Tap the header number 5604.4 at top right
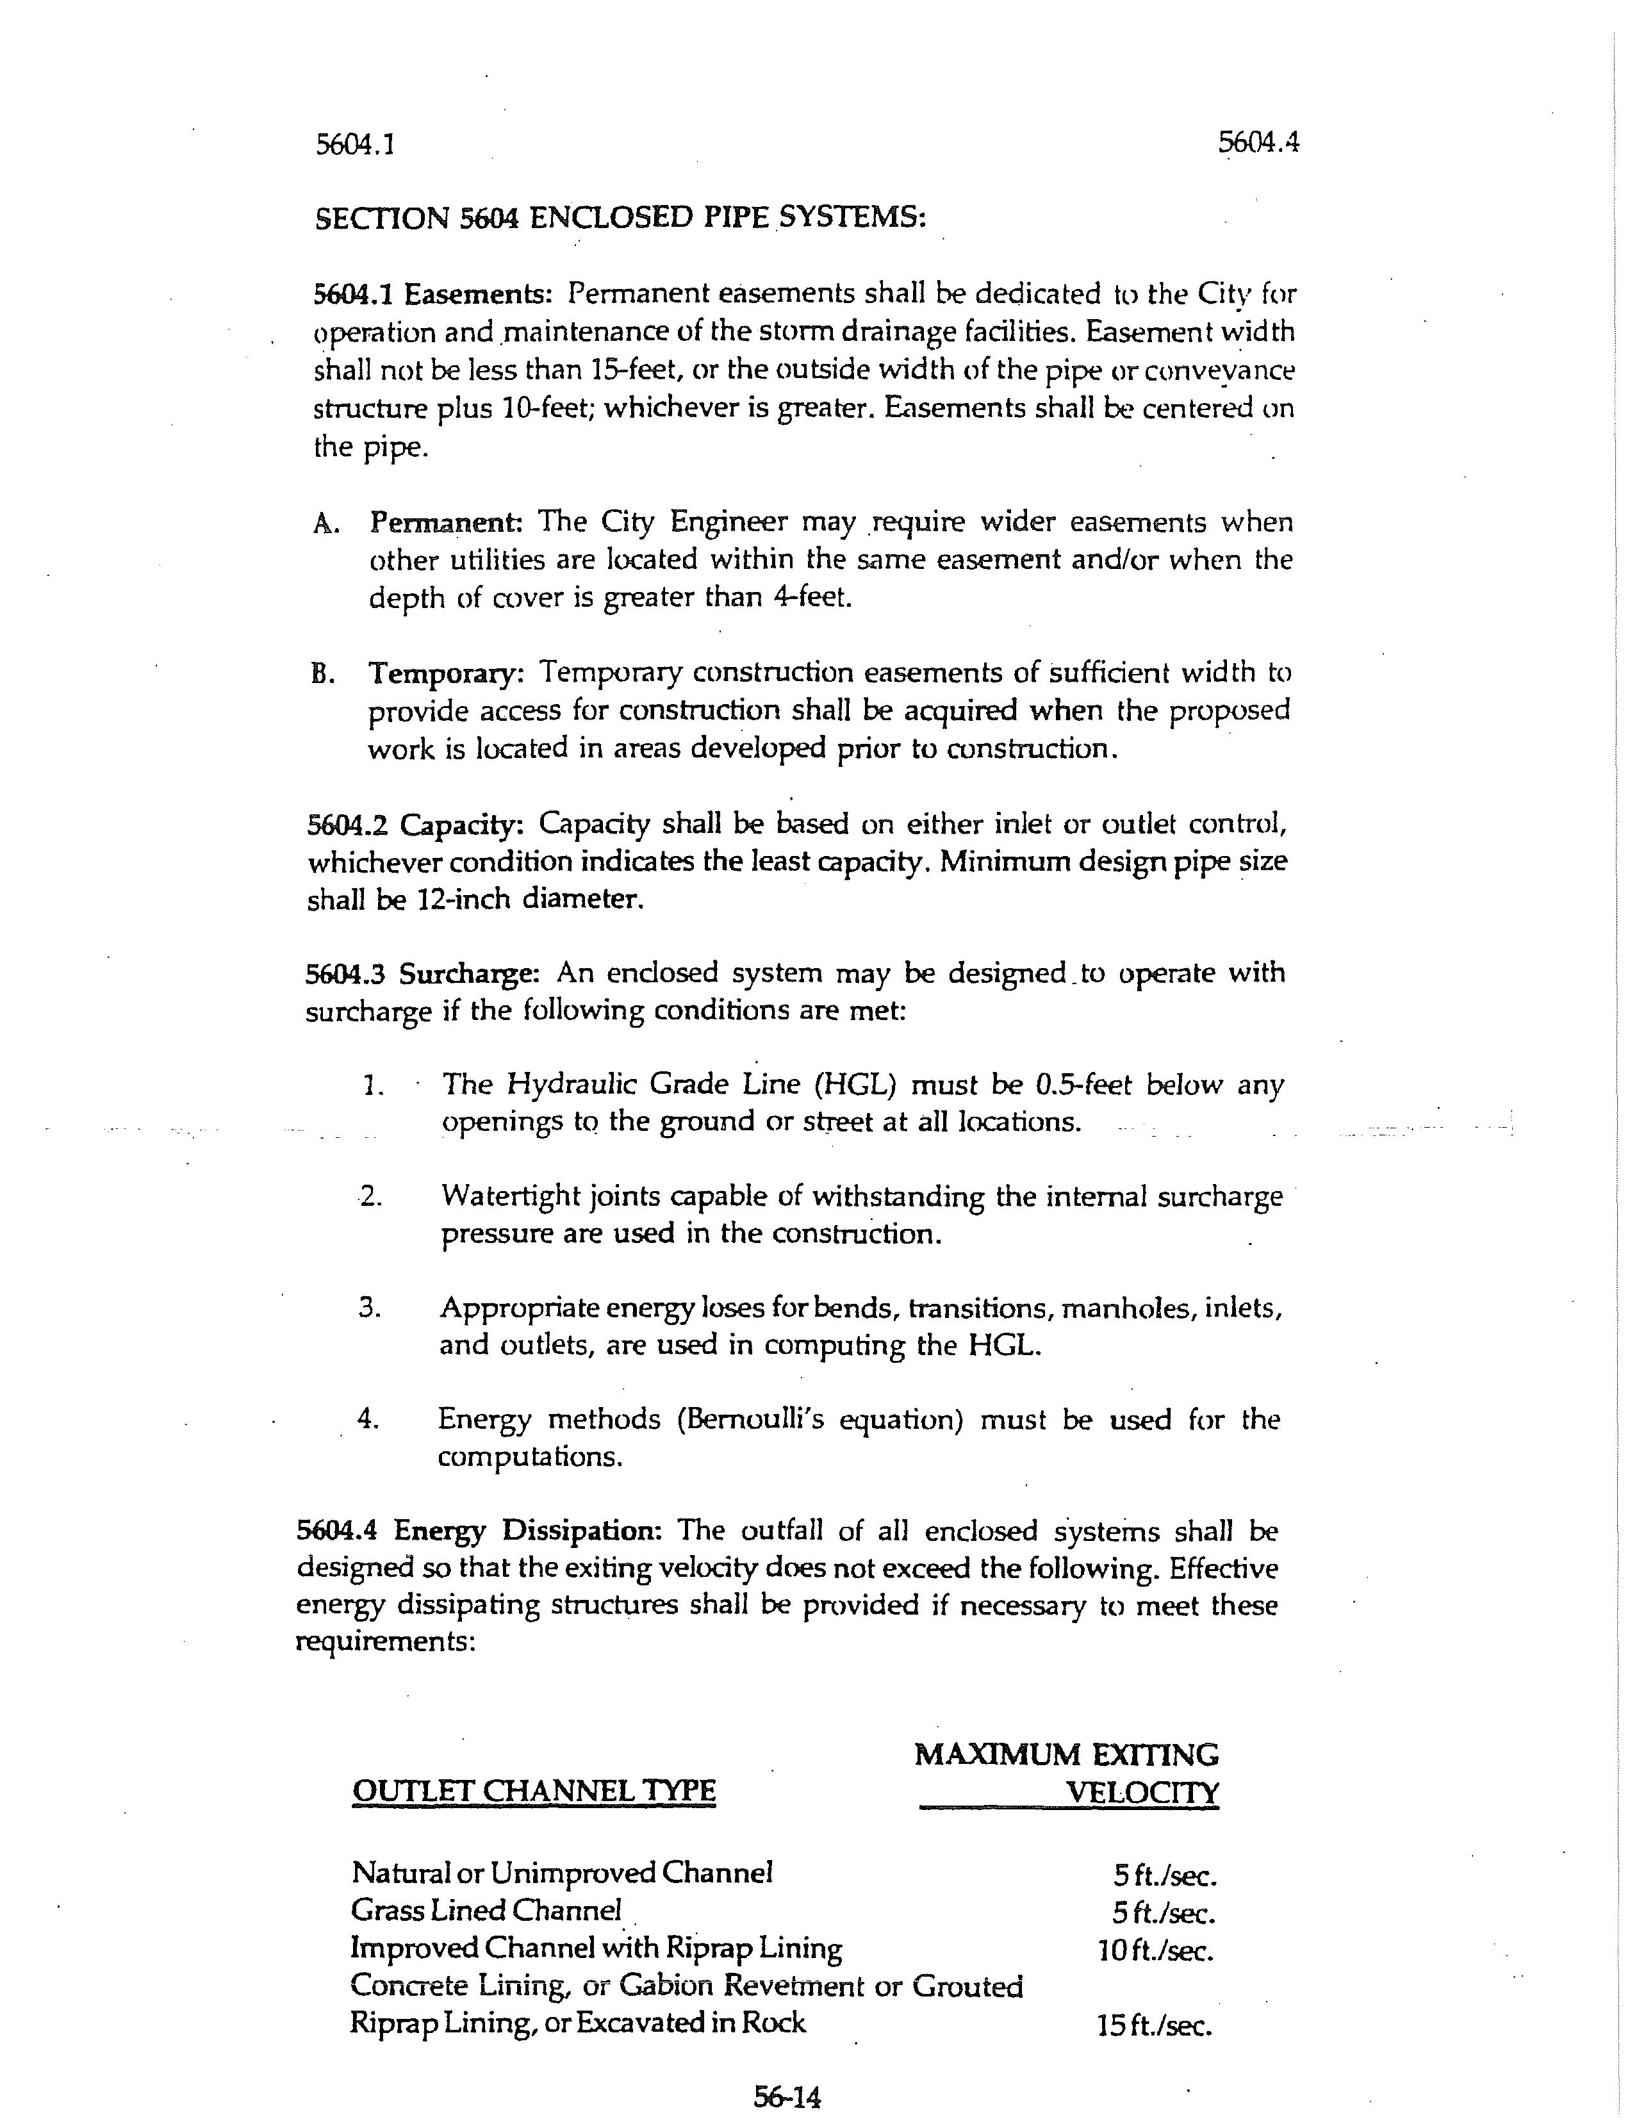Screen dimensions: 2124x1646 [1258, 143]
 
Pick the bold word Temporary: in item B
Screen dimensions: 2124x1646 [445, 673]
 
